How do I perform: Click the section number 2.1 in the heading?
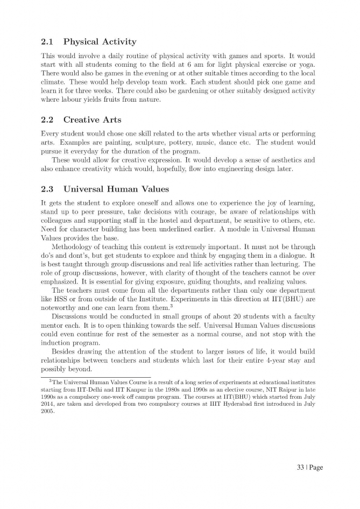click(x=48, y=41)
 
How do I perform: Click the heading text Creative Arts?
click(x=92, y=119)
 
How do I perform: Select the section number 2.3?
click(x=48, y=189)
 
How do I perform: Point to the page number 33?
click(x=300, y=467)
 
